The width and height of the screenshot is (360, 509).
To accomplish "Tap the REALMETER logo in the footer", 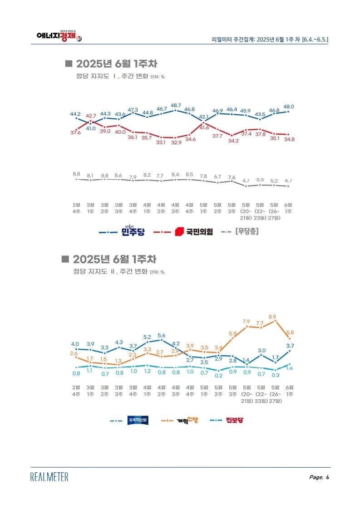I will tap(49, 477).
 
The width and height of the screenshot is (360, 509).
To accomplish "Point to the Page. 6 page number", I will tap(319, 477).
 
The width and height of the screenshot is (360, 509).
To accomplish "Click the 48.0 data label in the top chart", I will tap(289, 106).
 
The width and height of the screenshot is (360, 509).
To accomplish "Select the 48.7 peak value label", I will tap(176, 105).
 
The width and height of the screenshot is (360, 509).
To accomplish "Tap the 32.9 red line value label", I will tap(176, 142).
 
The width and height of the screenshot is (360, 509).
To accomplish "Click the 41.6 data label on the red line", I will tap(204, 127).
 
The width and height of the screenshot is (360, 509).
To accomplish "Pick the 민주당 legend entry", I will tap(121, 232).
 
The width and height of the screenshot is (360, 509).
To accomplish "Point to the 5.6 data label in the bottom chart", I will tap(161, 335).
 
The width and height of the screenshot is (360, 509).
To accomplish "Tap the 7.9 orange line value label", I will tap(247, 322).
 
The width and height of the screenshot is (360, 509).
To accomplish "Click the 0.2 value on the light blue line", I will tap(218, 376).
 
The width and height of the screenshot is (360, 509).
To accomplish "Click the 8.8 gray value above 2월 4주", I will tap(76, 174).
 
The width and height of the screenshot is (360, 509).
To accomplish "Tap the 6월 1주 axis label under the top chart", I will tap(289, 208).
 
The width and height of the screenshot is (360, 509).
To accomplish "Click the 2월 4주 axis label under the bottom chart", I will tap(76, 391).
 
